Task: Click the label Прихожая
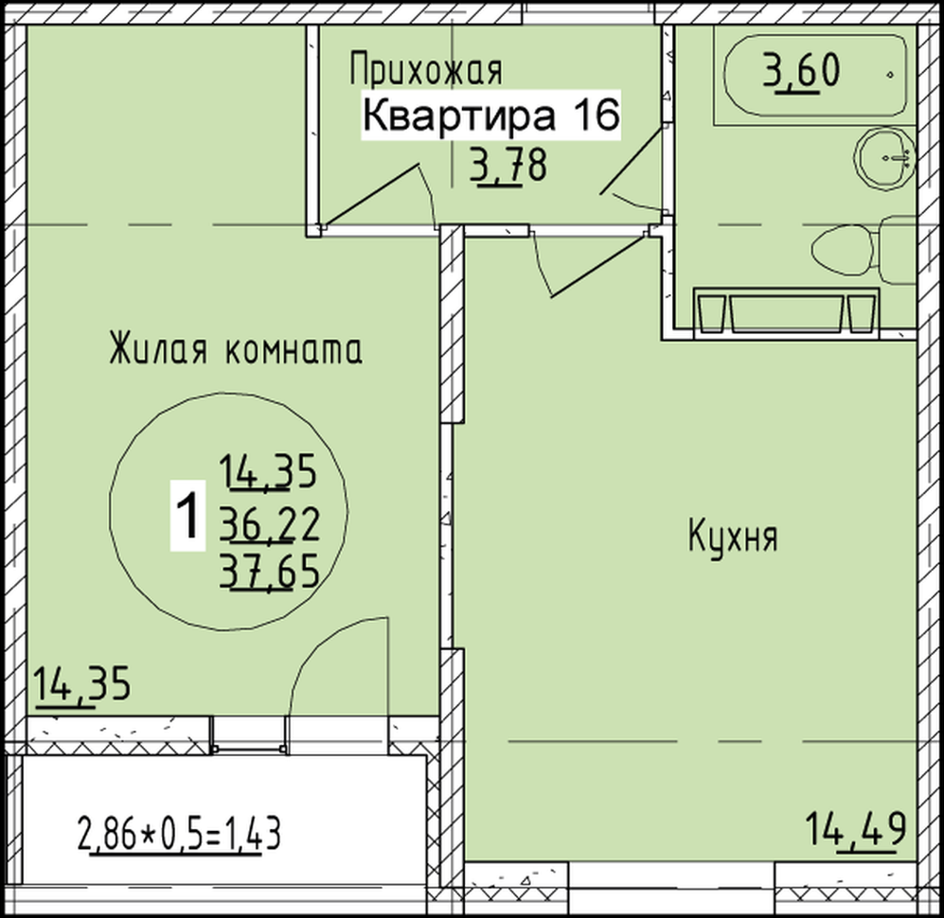(x=426, y=70)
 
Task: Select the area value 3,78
(x=509, y=166)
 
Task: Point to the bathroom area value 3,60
(x=801, y=70)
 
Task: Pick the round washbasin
(x=884, y=158)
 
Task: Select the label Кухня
(x=733, y=537)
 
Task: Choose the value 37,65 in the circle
(x=269, y=571)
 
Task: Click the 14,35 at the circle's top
(x=268, y=471)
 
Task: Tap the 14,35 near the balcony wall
(x=81, y=683)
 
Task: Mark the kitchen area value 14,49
(x=856, y=829)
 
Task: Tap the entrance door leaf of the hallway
(x=371, y=194)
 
